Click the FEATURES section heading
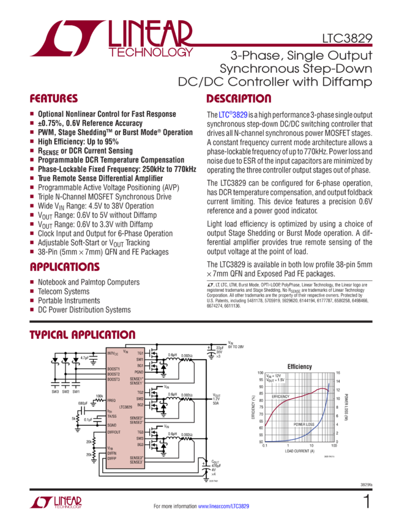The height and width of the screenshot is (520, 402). [54, 98]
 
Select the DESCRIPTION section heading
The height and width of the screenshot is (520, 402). [238, 98]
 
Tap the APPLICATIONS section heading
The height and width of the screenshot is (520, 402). [65, 267]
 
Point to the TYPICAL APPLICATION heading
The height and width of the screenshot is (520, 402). [83, 335]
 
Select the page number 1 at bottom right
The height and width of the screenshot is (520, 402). [367, 502]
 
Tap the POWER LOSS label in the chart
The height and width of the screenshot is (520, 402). [304, 423]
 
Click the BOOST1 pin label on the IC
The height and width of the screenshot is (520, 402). [113, 369]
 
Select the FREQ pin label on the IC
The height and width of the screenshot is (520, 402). [111, 400]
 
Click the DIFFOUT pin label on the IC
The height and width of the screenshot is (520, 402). [114, 432]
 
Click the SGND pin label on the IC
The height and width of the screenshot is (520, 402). [112, 425]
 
